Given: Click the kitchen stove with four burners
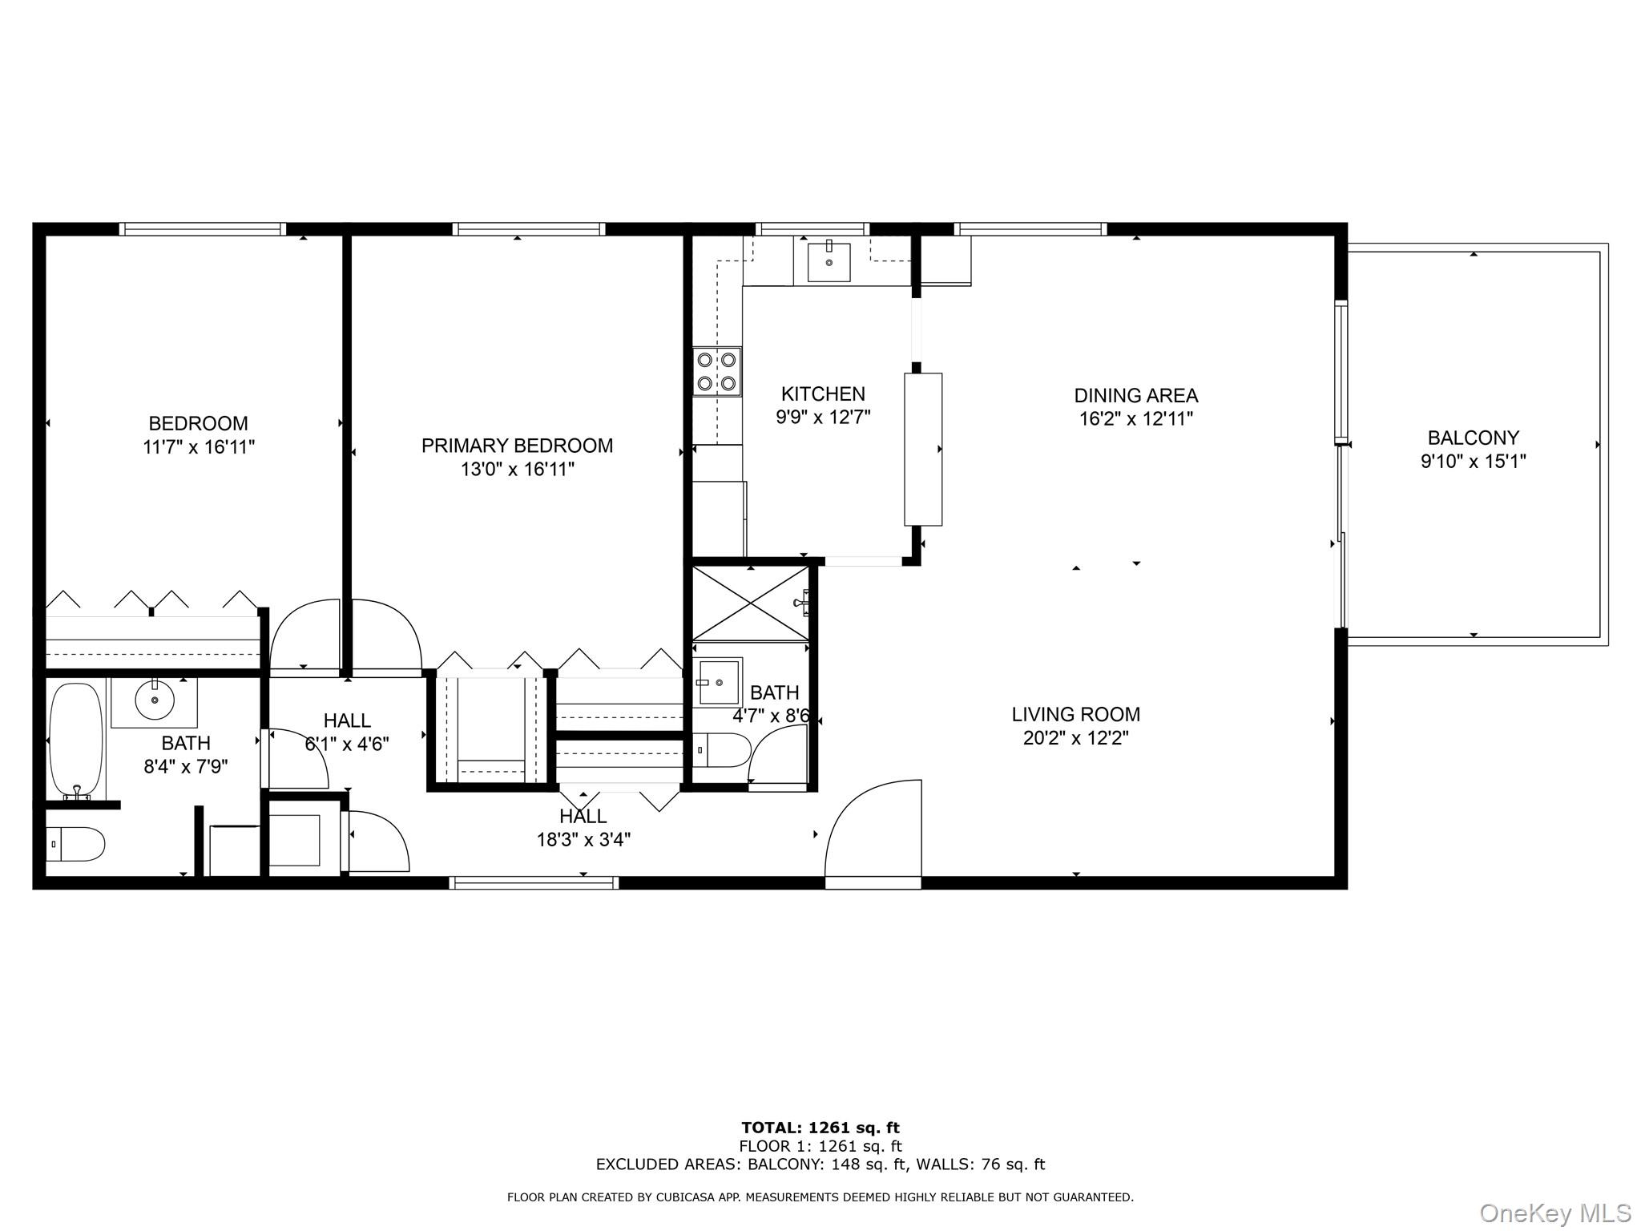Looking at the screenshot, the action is (x=717, y=372).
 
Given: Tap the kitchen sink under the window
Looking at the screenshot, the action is (x=829, y=261).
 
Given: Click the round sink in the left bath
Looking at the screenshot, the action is (x=155, y=702).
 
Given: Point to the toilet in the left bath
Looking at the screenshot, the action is (x=75, y=845).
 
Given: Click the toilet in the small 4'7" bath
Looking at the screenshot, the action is (x=722, y=750).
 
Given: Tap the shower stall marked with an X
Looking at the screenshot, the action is (x=750, y=603).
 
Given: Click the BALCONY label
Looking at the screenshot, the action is (x=1473, y=438).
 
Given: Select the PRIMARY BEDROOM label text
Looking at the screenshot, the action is (x=517, y=446).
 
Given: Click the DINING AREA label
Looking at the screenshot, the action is (x=1136, y=395).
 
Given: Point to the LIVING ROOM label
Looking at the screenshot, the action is (x=1075, y=714).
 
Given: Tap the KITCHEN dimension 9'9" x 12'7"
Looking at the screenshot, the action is (x=823, y=418).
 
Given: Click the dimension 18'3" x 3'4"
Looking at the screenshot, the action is (x=583, y=840).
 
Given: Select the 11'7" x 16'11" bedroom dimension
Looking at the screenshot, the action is (x=199, y=447).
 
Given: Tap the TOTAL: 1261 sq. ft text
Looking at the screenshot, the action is (x=820, y=1128).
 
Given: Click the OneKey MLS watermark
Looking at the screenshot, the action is (x=1555, y=1213).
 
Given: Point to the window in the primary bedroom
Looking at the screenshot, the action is (x=529, y=229).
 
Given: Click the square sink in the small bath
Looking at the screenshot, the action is (x=719, y=682).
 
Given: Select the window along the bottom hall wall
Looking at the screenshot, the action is (x=534, y=882).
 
